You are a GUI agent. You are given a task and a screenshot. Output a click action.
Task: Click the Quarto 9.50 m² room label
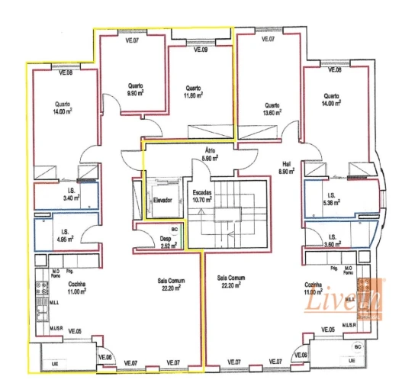click(x=136, y=90)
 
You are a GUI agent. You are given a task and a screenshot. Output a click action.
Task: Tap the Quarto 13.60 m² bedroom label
click(x=272, y=109)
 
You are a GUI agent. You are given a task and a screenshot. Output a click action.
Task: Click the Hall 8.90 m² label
click(x=286, y=168)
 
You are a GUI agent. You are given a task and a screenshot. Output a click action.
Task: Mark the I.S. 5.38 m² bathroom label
click(x=330, y=199)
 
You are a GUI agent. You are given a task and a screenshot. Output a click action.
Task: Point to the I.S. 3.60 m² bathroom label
click(x=332, y=240)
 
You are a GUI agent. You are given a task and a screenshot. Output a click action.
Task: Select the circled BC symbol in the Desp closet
click(x=174, y=230)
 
